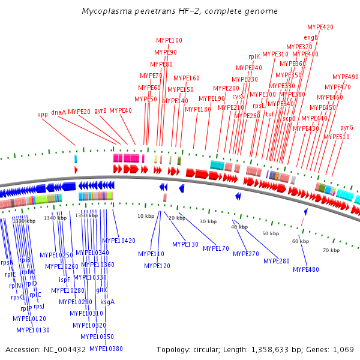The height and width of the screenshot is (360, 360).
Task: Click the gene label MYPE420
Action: pos(320,27)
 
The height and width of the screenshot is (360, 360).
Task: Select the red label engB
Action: pos(311,37)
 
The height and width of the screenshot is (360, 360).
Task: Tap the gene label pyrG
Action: pos(347,127)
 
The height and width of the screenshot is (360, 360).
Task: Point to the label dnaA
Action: pos(58,112)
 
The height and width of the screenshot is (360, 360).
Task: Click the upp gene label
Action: pos(43,114)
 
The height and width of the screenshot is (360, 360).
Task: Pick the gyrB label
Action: pos(100,110)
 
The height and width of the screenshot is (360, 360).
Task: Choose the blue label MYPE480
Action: pos(306,269)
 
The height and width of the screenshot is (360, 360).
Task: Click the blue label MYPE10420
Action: pos(118,241)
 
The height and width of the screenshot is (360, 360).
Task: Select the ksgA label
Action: pos(107,302)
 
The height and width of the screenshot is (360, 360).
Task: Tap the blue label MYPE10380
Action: pos(106,349)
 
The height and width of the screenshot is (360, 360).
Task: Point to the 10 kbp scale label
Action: pos(146,216)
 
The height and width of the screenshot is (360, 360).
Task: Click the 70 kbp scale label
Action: pos(331,250)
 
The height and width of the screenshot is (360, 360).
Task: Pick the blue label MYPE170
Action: pos(216,248)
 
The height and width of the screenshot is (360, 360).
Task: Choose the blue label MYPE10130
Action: pos(33,330)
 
